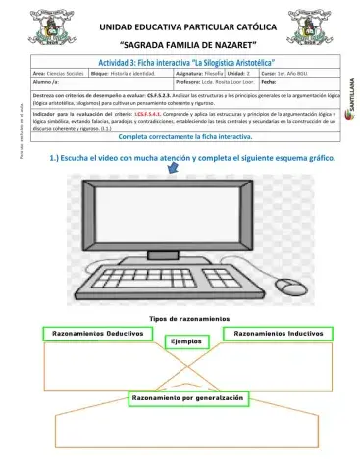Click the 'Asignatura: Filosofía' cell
click(x=199, y=74)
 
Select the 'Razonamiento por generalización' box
click(x=186, y=398)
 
